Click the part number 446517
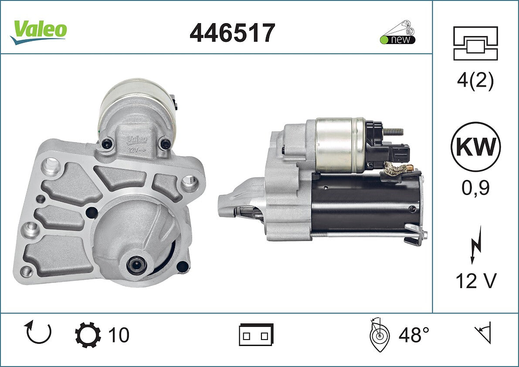pyautogui.click(x=232, y=33)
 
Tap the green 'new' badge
pyautogui.click(x=397, y=39)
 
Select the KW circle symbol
pyautogui.click(x=475, y=146)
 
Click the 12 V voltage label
pyautogui.click(x=476, y=281)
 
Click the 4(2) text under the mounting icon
pyautogui.click(x=475, y=81)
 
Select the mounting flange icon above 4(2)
pyautogui.click(x=475, y=43)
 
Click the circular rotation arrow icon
pyautogui.click(x=38, y=332)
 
